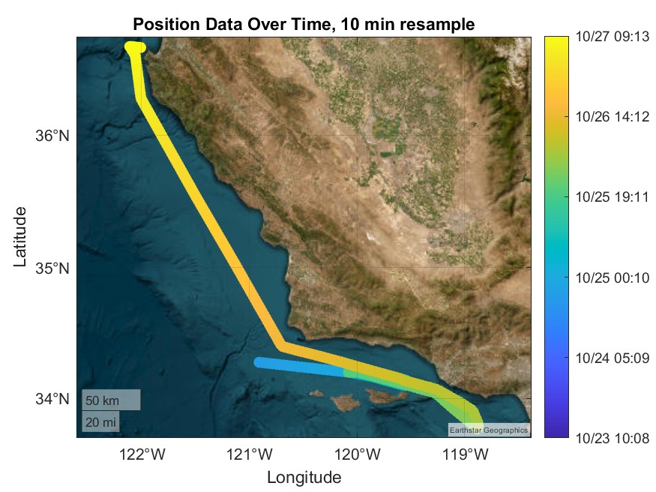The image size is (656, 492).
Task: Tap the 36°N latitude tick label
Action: (52, 136)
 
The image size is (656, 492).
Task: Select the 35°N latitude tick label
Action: (52, 268)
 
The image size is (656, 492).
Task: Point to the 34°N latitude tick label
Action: (52, 399)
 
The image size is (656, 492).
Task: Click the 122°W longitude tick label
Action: (142, 454)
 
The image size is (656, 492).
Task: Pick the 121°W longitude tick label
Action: (250, 454)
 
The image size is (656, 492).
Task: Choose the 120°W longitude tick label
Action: (358, 454)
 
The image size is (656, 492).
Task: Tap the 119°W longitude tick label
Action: (466, 454)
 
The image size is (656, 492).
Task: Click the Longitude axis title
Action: (304, 477)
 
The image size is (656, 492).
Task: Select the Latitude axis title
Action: (19, 237)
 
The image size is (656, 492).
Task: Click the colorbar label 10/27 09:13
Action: (613, 37)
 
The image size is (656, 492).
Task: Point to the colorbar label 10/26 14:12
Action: (613, 117)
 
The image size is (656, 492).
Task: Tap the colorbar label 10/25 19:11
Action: (613, 197)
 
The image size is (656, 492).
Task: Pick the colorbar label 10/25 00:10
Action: (613, 277)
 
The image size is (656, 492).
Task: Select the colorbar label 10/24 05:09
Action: (613, 358)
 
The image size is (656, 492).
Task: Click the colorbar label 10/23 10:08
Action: (613, 439)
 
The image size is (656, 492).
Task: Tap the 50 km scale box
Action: (111, 400)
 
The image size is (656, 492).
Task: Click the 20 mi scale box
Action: (100, 421)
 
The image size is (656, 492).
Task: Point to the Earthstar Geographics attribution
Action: (489, 430)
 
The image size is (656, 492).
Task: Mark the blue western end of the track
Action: (259, 362)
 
